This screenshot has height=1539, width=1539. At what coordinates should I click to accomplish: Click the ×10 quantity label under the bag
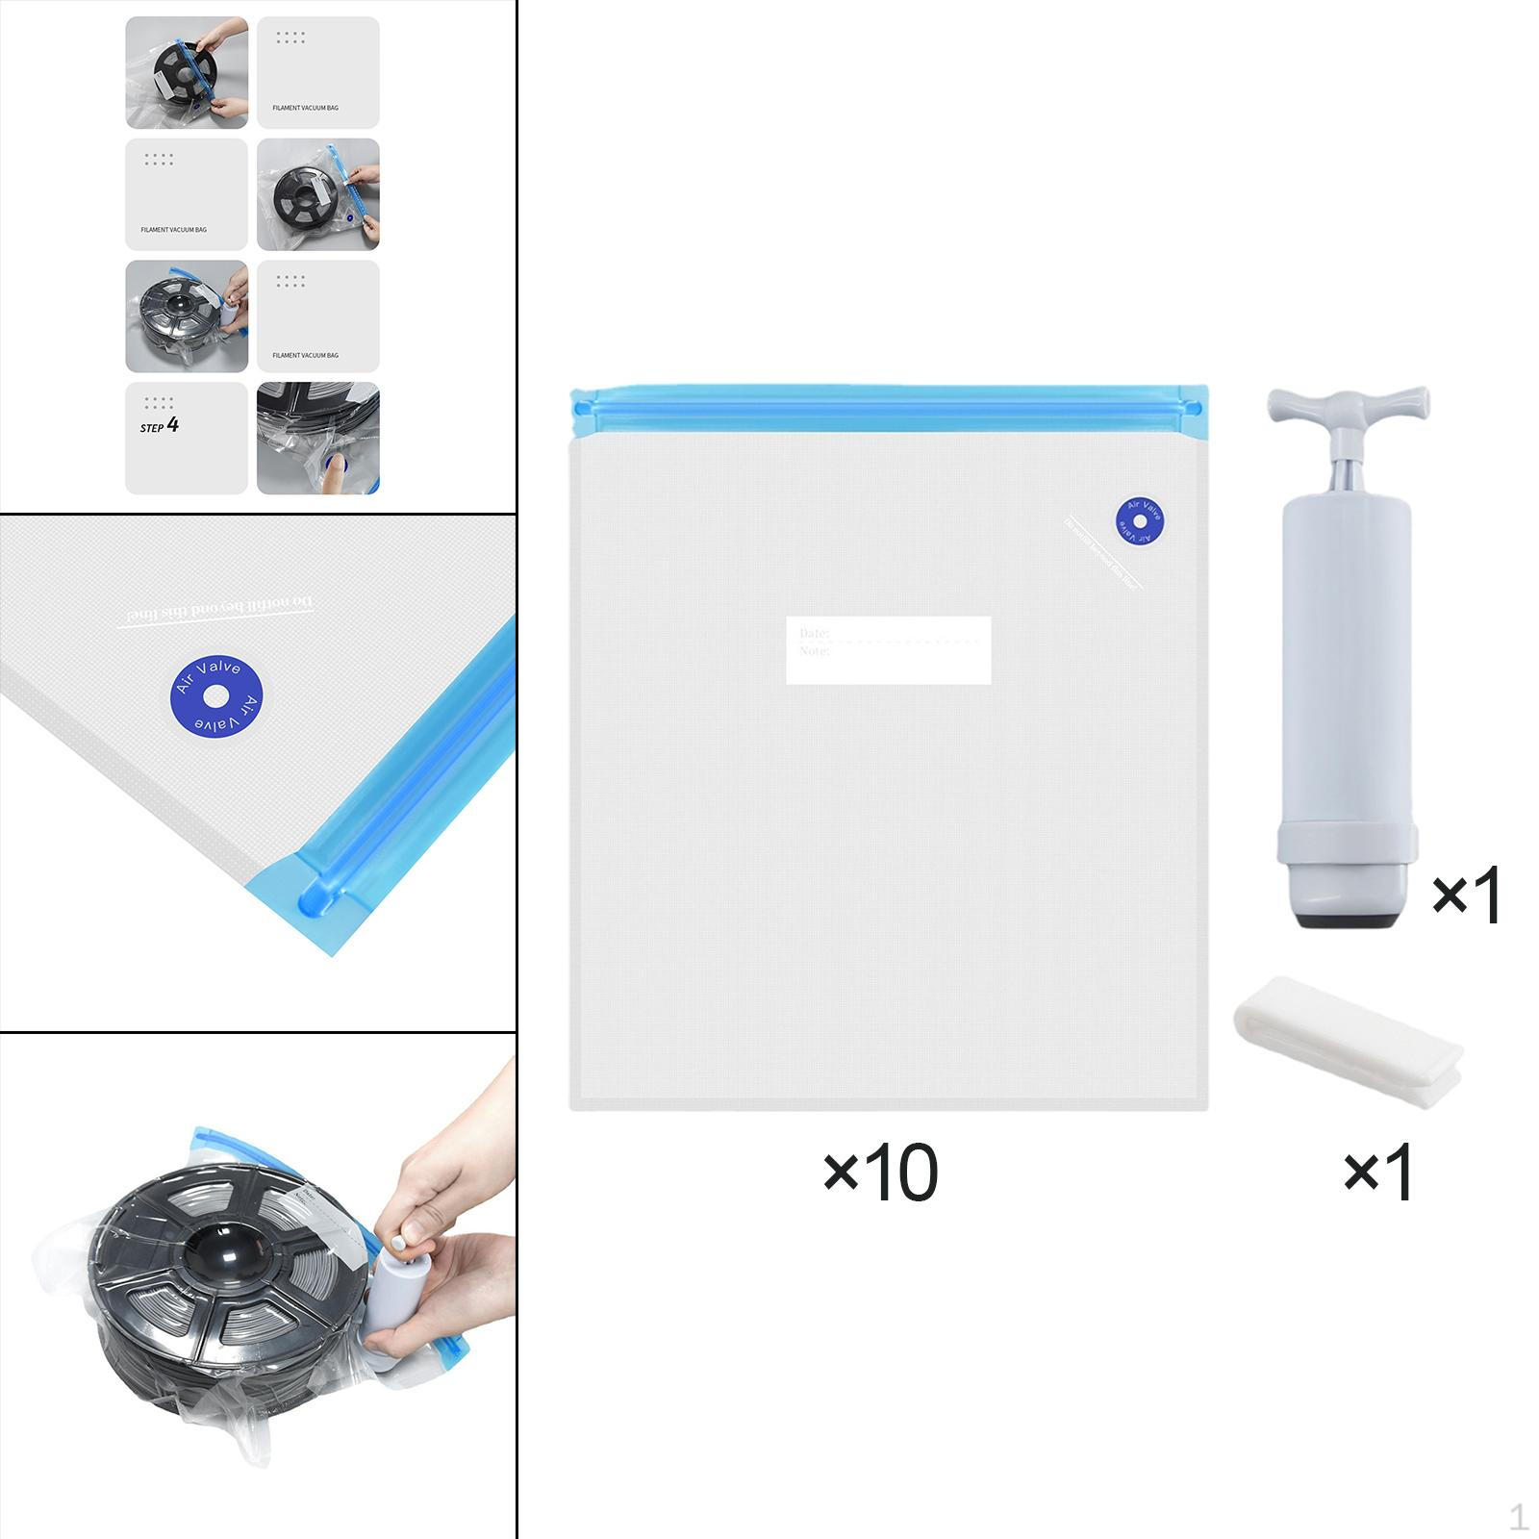[x=880, y=1173]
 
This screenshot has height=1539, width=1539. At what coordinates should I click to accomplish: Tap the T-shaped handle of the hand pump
[x=1348, y=403]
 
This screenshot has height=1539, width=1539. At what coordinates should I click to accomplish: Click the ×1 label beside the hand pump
[x=1466, y=895]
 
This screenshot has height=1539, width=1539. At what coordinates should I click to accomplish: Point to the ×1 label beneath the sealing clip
[x=1377, y=1173]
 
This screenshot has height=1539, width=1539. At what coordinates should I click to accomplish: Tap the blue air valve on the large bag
[x=1139, y=519]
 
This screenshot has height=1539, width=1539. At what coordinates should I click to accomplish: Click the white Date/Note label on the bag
[x=888, y=650]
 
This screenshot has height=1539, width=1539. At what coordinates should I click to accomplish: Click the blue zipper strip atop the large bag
[x=888, y=407]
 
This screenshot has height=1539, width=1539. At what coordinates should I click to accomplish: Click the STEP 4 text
[x=160, y=425]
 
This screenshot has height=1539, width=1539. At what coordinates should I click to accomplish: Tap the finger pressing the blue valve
[x=334, y=473]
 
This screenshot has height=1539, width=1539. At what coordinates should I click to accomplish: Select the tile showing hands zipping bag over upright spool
[x=187, y=73]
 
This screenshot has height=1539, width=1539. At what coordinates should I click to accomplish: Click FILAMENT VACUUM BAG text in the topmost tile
[x=305, y=108]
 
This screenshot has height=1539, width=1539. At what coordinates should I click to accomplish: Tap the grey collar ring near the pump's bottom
[x=1347, y=843]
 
